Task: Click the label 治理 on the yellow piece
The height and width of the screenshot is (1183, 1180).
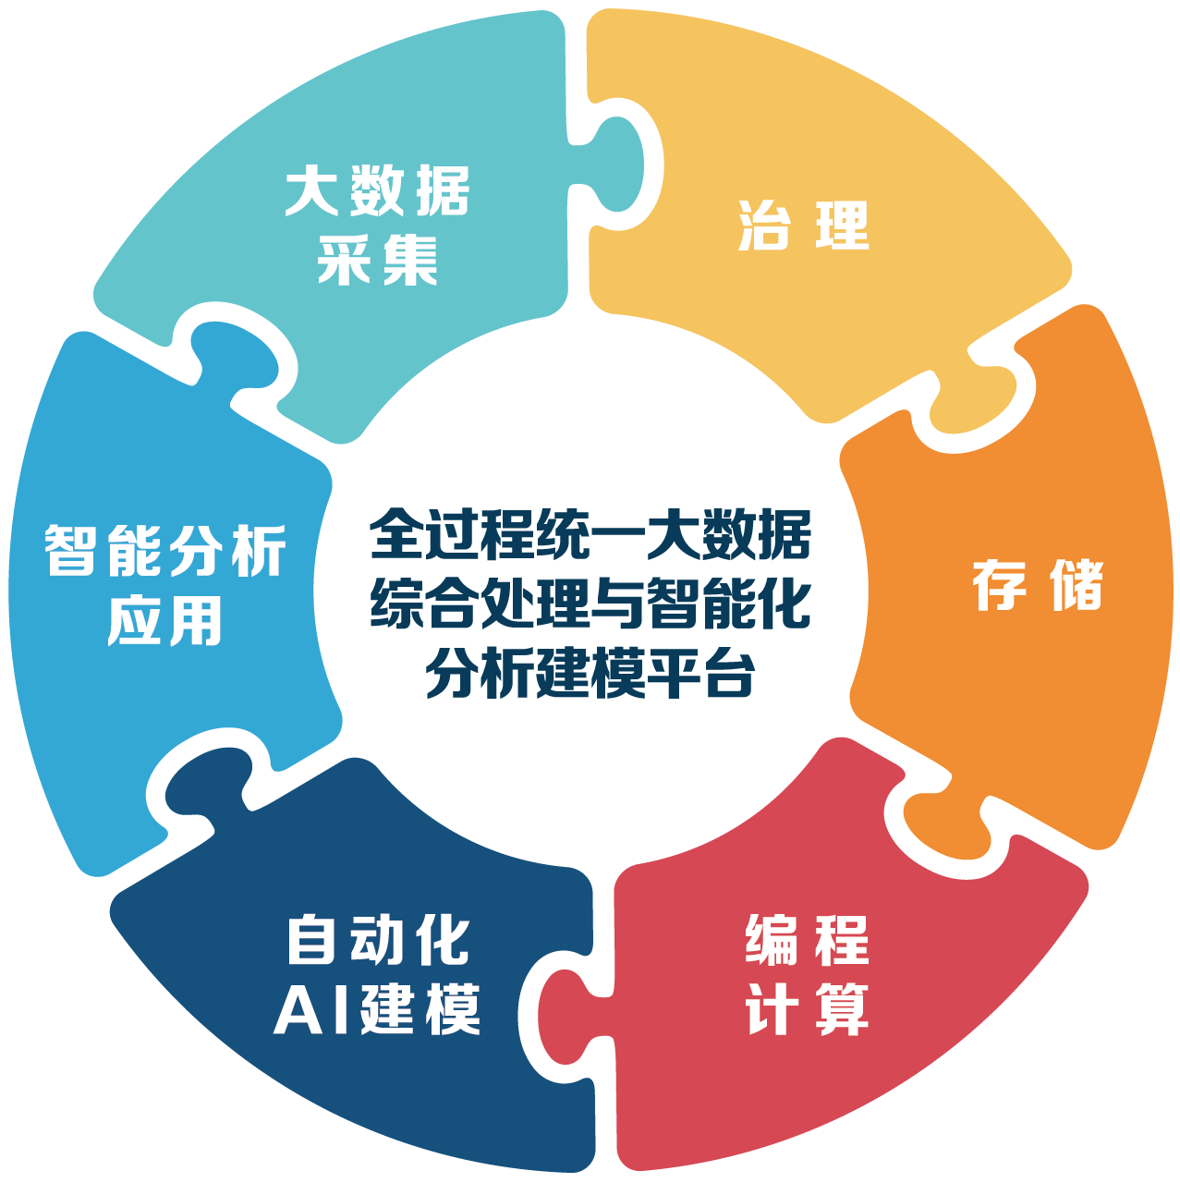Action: pos(803,226)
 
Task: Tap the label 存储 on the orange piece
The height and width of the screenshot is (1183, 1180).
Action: pos(1038,585)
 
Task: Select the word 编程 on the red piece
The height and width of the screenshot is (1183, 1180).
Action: pos(807,940)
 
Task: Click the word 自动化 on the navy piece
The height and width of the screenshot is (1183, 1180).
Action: pos(378,940)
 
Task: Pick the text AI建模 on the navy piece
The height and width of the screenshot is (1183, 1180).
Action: pos(376,1009)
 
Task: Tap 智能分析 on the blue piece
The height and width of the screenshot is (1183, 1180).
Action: pos(164,550)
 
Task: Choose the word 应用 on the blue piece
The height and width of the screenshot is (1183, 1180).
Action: pos(164,621)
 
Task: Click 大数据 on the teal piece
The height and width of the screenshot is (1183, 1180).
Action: pos(378,190)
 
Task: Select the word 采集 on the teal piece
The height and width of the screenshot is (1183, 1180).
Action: pos(378,261)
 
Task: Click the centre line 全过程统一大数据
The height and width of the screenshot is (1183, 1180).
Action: pos(590,534)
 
